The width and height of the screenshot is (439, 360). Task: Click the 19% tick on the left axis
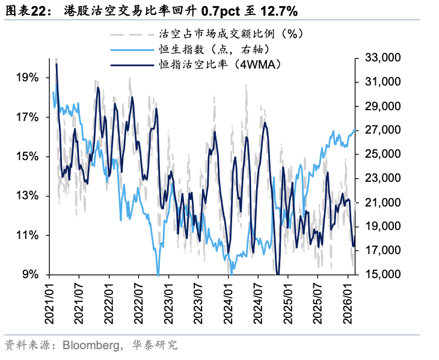(x=27, y=78)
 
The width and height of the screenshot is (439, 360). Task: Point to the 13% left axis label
(x=27, y=196)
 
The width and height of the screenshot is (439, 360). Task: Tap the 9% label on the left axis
(x=30, y=275)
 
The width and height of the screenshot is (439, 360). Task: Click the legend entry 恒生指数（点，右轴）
(x=209, y=49)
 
